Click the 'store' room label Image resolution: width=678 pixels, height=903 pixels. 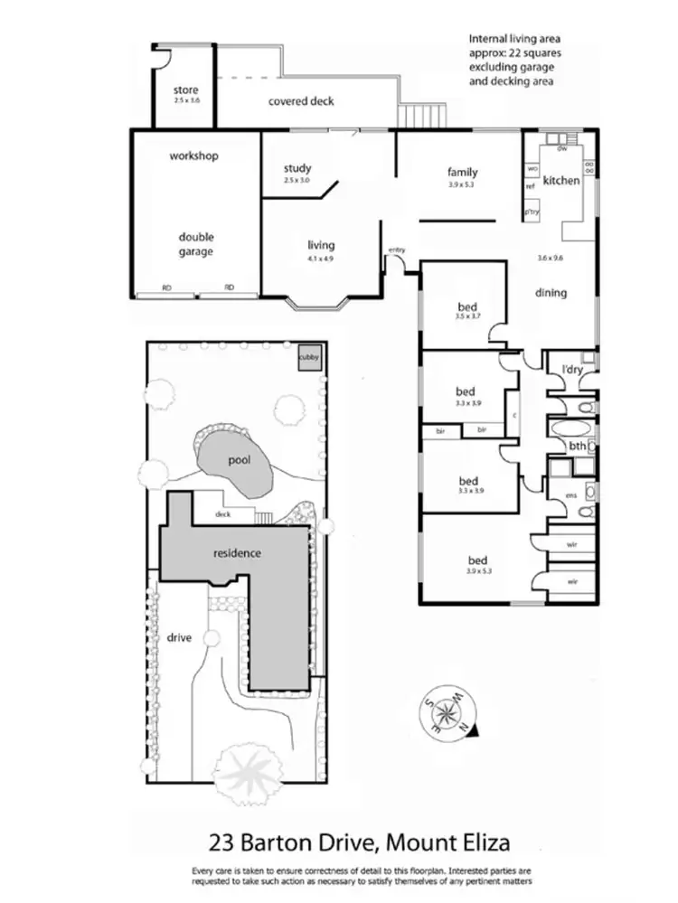coord(185,90)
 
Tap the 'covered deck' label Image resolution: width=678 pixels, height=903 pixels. coord(301,101)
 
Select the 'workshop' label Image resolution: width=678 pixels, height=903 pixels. coord(194,156)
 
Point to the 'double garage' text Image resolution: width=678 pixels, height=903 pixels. coord(195,244)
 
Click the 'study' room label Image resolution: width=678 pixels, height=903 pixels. coord(297,168)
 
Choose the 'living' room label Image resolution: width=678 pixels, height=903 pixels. coord(321,245)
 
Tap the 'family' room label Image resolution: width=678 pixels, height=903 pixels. coord(462,172)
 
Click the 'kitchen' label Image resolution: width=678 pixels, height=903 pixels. coord(561,181)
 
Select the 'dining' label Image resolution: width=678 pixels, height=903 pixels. coord(551,292)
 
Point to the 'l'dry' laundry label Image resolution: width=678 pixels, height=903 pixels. coord(572,371)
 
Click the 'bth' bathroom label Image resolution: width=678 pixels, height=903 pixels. coord(577,446)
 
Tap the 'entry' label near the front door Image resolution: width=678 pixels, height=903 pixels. coord(397,250)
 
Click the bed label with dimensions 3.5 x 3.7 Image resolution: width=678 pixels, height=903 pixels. coord(466,306)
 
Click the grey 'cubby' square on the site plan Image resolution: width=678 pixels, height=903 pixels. coord(309,358)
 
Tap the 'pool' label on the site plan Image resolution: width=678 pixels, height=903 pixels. coord(238,460)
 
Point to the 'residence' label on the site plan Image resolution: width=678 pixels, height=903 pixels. coord(237,553)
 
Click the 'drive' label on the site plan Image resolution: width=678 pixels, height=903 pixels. coord(180,637)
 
